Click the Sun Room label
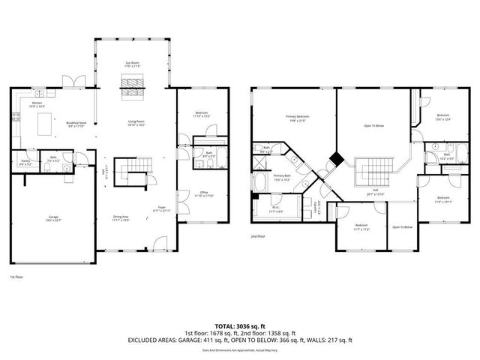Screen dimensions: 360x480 132,64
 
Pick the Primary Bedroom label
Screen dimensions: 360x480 298,118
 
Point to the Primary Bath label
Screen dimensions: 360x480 281,178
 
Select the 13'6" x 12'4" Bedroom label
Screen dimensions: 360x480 442,116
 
